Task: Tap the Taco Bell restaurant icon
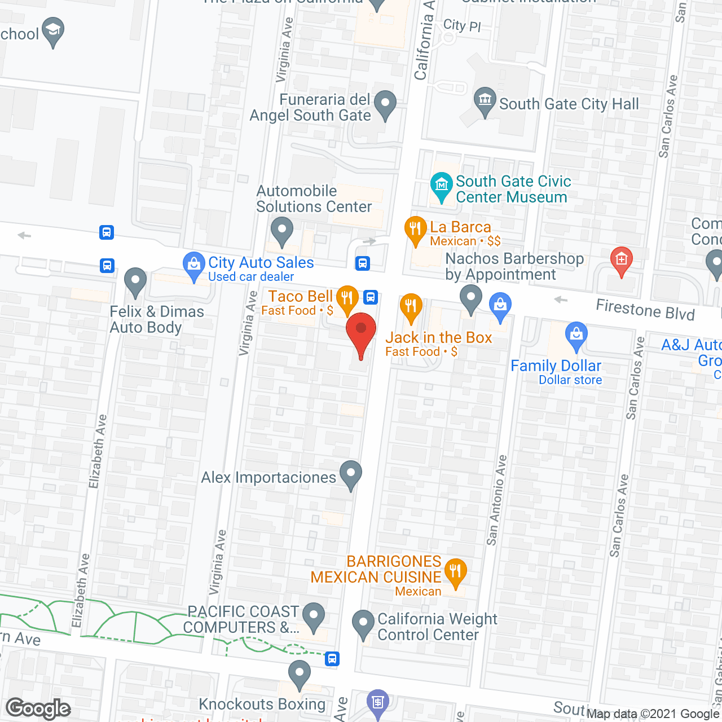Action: (347, 297)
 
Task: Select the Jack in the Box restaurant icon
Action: (411, 306)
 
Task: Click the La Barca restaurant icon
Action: (415, 229)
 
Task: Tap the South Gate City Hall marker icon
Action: (485, 100)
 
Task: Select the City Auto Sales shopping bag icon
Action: (194, 265)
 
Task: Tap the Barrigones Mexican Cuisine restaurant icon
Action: (455, 571)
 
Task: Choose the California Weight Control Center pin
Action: (363, 623)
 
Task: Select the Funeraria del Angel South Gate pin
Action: (385, 104)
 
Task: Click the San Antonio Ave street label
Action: (496, 500)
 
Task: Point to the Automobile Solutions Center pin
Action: (281, 230)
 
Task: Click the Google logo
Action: (38, 708)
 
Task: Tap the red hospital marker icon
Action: (621, 259)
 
